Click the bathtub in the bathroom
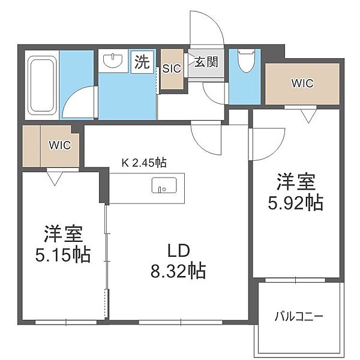(42, 85)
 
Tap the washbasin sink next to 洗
(113, 60)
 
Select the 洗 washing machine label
(142, 62)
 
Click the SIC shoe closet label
(172, 68)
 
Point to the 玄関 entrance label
(206, 62)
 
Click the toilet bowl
(245, 61)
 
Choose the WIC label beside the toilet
(302, 83)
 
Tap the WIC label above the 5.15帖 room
(59, 145)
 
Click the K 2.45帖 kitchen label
(144, 163)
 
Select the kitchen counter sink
(164, 185)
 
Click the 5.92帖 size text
(296, 203)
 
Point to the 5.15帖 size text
(63, 255)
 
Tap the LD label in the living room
(179, 251)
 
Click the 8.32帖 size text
(178, 271)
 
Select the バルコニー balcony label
(299, 317)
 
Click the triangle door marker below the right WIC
(309, 116)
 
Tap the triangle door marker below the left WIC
(55, 178)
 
